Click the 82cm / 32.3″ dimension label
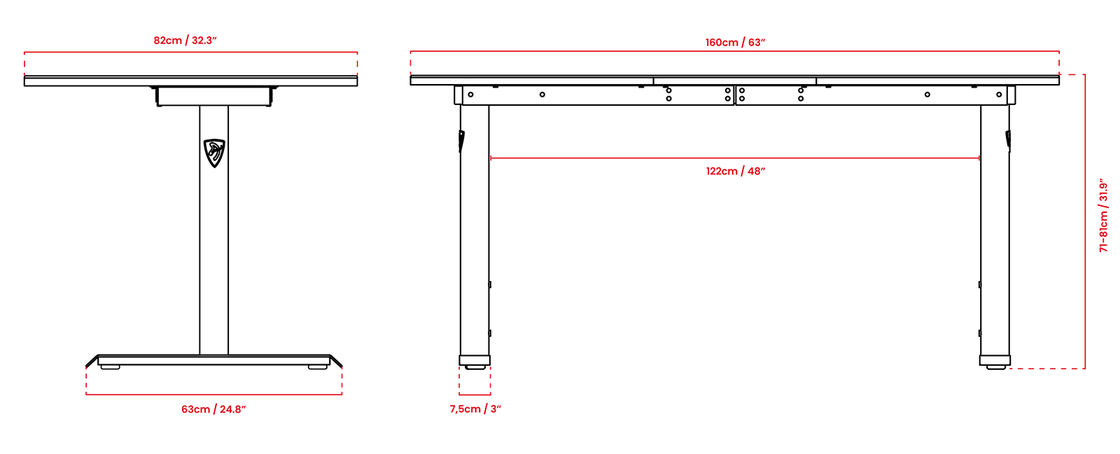click(x=185, y=41)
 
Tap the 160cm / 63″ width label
click(x=736, y=43)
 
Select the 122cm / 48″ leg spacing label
click(x=736, y=171)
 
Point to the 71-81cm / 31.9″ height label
click(x=1103, y=215)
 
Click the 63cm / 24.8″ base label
click(x=213, y=409)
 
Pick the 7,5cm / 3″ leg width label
click(x=475, y=409)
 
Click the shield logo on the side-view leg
click(x=214, y=153)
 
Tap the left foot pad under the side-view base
click(x=111, y=367)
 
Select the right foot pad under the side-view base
click(x=318, y=367)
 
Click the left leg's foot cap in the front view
click(x=475, y=360)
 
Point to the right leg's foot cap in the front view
click(x=995, y=360)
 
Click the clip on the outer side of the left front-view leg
click(x=461, y=141)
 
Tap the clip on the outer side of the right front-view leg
click(x=1008, y=139)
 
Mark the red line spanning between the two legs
click(x=735, y=158)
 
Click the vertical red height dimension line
click(x=1084, y=221)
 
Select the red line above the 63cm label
click(x=214, y=394)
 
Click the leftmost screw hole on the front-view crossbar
click(x=470, y=95)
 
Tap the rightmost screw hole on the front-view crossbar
click(x=999, y=95)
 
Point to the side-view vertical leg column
click(x=214, y=231)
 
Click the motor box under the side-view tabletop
click(x=214, y=96)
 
